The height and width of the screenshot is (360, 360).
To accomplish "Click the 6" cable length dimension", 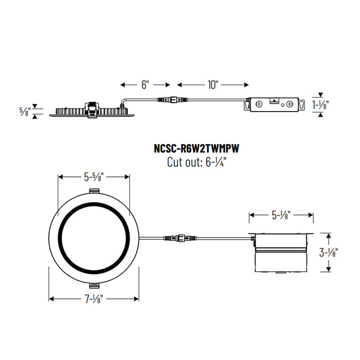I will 145,84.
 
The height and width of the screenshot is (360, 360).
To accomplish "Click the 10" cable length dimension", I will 213,84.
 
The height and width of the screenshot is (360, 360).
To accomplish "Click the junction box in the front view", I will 281,254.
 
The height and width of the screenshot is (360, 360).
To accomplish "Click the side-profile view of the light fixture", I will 93,110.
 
